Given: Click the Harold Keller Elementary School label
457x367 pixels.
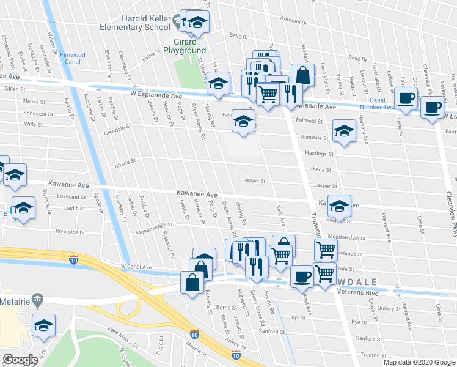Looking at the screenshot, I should (145, 23).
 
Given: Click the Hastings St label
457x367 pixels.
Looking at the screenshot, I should (316, 155).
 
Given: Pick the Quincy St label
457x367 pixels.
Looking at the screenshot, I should (389, 308).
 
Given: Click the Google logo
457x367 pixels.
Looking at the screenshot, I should (20, 360).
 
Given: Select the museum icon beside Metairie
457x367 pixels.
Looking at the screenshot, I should (38, 300).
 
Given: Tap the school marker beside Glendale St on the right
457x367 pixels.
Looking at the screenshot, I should (344, 132).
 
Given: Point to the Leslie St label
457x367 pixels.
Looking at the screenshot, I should (75, 209).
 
